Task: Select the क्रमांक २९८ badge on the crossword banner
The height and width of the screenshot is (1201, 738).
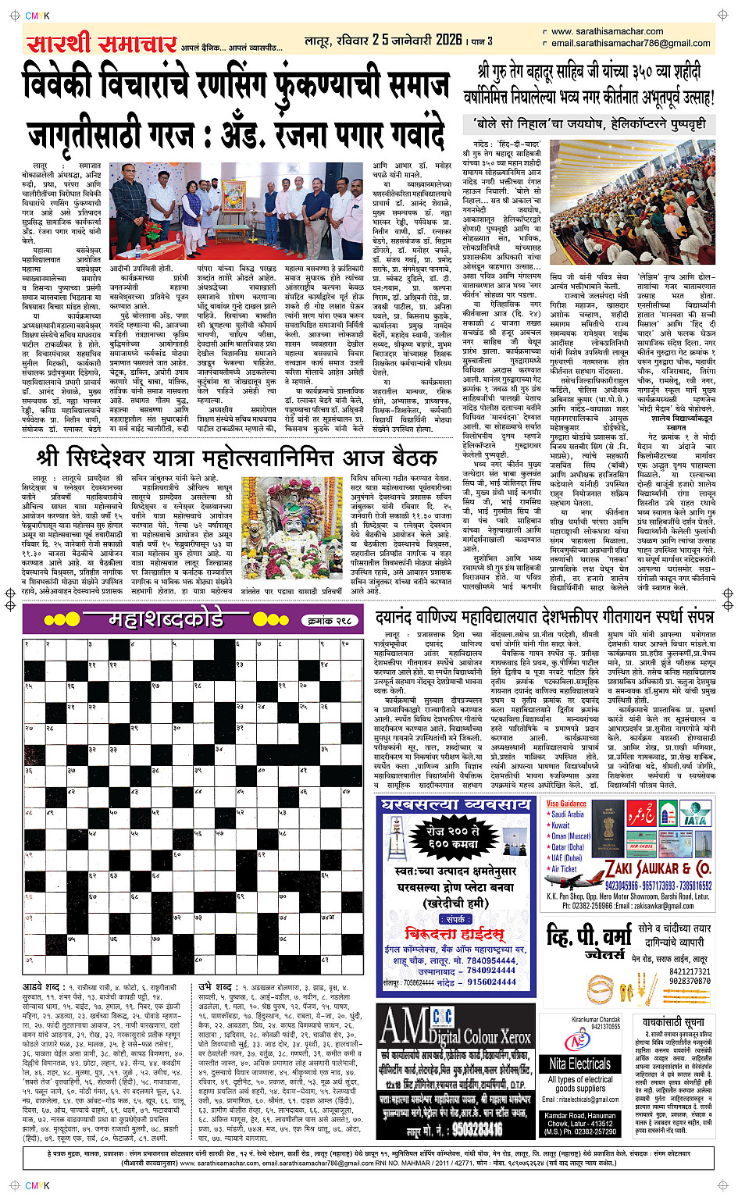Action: click(331, 620)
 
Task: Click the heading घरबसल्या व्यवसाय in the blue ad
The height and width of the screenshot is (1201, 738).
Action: click(455, 804)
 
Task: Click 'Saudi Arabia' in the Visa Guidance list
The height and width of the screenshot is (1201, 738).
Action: click(568, 814)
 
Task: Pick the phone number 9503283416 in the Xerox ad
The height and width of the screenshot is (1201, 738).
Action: click(476, 1129)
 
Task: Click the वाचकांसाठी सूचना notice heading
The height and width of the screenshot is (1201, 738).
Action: click(673, 1022)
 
